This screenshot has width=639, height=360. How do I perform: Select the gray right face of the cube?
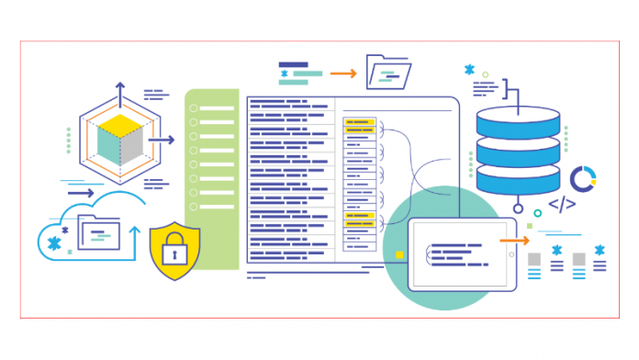tap(132, 148)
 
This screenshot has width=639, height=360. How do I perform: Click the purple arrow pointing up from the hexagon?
tap(119, 92)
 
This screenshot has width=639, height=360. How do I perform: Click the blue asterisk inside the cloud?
tap(52, 242)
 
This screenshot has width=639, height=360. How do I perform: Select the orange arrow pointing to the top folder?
tap(342, 72)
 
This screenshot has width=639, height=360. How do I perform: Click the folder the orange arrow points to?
tap(387, 70)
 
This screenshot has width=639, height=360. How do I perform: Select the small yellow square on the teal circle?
tap(399, 254)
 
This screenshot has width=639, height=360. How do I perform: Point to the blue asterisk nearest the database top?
tap(469, 70)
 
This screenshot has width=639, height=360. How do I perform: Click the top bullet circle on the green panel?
tap(193, 108)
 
